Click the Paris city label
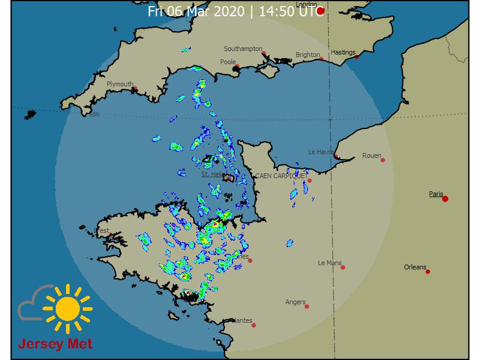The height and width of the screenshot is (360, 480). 436,194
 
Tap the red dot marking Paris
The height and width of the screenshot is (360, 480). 445,199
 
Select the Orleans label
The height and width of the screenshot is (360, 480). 415,267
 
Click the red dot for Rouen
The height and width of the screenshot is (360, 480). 383,160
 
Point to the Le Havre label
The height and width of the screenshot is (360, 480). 321,152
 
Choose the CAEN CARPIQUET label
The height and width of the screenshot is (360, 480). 281,176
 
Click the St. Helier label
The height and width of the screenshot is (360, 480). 212,174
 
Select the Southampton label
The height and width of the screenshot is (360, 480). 243,49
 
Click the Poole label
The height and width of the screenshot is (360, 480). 228,62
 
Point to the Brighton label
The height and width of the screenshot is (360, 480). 308,55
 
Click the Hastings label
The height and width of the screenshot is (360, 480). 343,52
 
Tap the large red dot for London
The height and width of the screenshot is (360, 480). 321,11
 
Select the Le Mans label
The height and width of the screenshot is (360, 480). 329,263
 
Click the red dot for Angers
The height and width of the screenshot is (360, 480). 307,307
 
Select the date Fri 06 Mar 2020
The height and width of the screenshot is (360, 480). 197,11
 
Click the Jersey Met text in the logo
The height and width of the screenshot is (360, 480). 55,345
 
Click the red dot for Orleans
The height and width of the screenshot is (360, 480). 428,272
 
